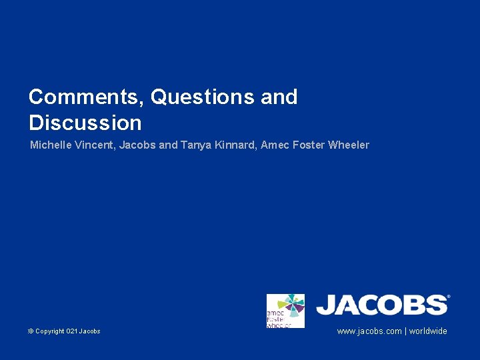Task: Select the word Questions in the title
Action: [x=203, y=97]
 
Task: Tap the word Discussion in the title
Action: [x=85, y=123]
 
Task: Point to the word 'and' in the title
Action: [x=279, y=97]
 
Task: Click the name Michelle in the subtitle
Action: [x=49, y=145]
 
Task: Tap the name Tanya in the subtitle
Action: [x=195, y=145]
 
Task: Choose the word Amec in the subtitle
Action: [x=274, y=145]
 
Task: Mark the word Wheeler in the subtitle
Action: [x=349, y=145]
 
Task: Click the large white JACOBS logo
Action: [x=381, y=305]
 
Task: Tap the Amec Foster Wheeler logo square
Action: [x=285, y=311]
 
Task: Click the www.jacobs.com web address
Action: [x=369, y=331]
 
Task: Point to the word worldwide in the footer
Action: [x=428, y=331]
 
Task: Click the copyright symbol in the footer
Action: [x=31, y=331]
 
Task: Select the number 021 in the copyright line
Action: [x=71, y=331]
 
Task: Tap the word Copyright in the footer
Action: [x=50, y=331]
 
